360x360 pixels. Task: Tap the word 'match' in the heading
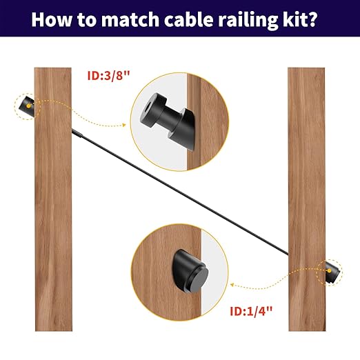point(130,19)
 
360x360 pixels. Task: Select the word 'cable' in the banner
point(189,19)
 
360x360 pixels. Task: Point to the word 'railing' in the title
point(250,20)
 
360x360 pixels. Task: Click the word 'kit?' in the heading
point(301,19)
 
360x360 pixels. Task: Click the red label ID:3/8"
point(108,75)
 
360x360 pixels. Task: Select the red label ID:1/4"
point(251,311)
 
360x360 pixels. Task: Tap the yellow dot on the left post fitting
point(28,106)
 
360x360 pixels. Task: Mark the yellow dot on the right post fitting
point(330,271)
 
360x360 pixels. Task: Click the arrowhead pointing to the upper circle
point(124,125)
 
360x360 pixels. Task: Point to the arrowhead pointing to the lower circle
point(232,285)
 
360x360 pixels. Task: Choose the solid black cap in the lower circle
point(190,271)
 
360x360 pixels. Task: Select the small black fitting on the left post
point(27,106)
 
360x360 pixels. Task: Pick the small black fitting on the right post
point(332,271)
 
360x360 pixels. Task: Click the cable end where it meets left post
point(72,130)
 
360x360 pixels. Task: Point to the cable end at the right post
point(288,254)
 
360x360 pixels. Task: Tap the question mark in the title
point(312,19)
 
